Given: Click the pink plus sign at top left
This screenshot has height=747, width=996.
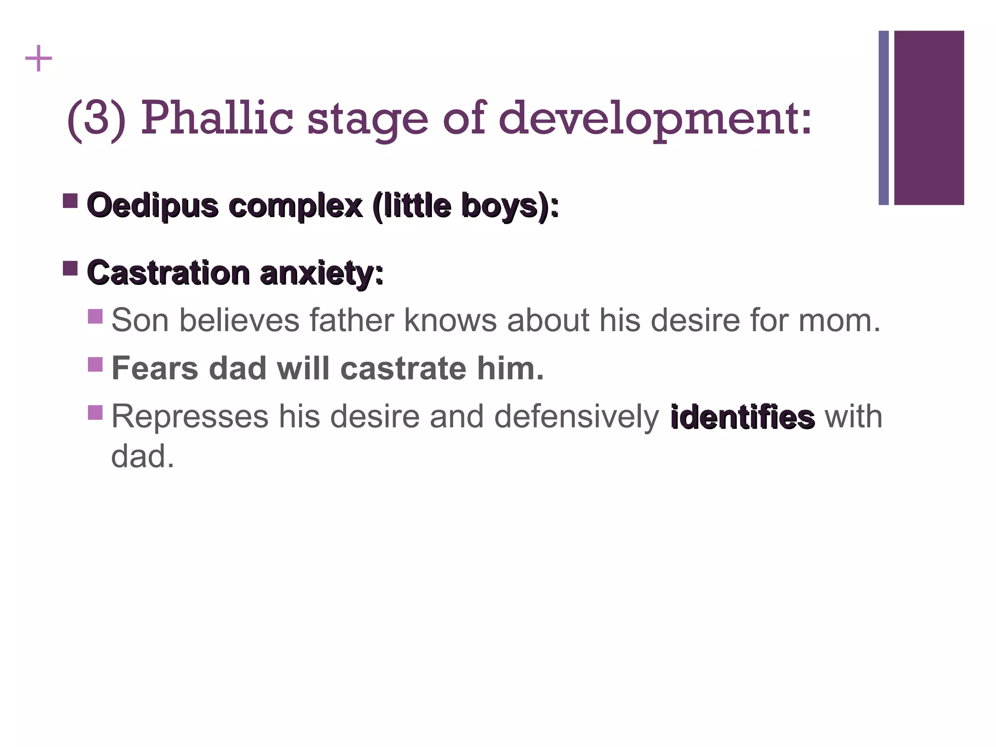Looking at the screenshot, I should tap(38, 59).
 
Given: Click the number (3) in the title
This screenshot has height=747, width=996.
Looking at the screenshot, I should tap(96, 118).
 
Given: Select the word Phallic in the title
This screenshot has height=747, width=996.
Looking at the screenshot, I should tap(217, 118).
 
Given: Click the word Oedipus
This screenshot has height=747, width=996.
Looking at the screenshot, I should tap(153, 206).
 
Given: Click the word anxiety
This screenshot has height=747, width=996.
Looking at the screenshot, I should tap(321, 273).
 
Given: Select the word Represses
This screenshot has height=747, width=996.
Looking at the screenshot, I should tap(190, 417).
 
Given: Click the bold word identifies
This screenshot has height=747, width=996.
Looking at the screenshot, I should tap(742, 417).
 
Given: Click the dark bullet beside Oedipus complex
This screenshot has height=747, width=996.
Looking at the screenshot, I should tap(71, 200).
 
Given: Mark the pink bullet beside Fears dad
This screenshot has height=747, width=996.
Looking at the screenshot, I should tap(95, 364).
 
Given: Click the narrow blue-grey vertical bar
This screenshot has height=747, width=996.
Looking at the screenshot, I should tap(884, 118).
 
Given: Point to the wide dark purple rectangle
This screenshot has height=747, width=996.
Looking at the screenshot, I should tap(929, 118).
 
